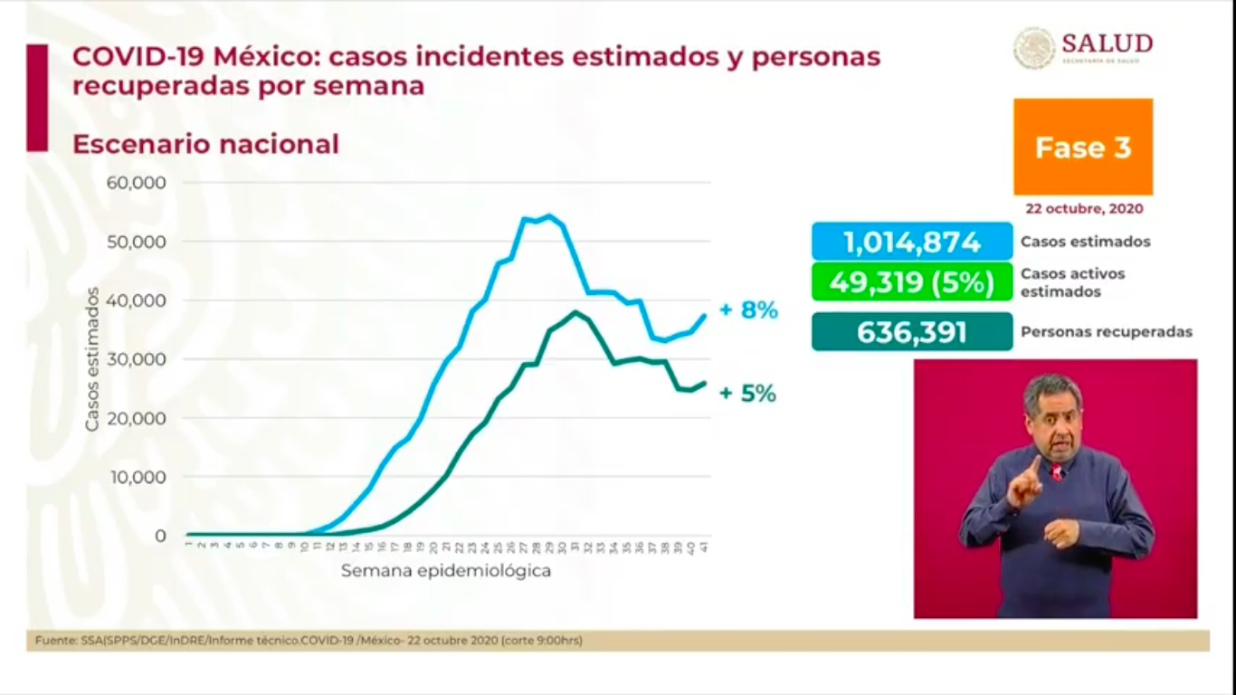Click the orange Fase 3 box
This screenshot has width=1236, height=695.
[1082, 147]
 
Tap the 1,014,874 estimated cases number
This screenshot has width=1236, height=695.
[911, 243]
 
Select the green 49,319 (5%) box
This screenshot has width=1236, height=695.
[911, 281]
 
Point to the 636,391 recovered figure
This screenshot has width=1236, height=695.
[911, 332]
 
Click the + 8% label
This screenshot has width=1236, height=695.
[748, 310]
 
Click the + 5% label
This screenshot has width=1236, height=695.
[747, 394]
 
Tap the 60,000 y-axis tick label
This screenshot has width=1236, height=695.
[136, 183]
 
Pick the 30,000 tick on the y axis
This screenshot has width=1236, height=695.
[136, 359]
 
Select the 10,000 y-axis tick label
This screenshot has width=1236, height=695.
[136, 477]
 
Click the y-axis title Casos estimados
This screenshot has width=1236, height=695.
[92, 359]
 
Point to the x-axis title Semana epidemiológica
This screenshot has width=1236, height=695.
[445, 571]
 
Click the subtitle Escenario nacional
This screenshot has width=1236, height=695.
[205, 144]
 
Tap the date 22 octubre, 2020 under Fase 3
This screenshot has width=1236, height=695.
[1083, 208]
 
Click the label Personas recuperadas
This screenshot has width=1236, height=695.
[1106, 332]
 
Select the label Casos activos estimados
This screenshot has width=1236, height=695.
[1072, 282]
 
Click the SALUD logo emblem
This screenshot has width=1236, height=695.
[1033, 47]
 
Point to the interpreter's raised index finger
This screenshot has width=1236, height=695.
[1033, 464]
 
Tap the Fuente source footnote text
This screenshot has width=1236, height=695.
[309, 641]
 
